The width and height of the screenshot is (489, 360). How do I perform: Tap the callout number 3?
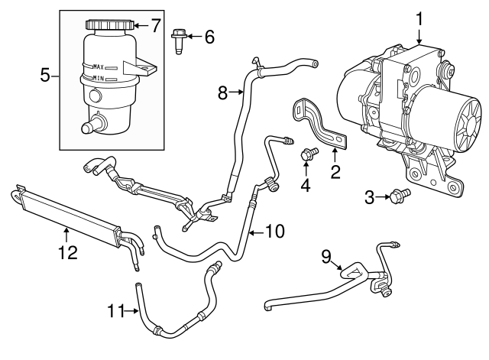point(368,198)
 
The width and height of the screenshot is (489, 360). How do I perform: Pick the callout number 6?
point(209,36)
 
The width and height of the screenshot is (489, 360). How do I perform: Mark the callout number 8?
point(223,93)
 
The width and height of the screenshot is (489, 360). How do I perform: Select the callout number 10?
point(274,229)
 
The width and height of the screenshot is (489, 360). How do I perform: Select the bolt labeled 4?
point(309,155)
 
